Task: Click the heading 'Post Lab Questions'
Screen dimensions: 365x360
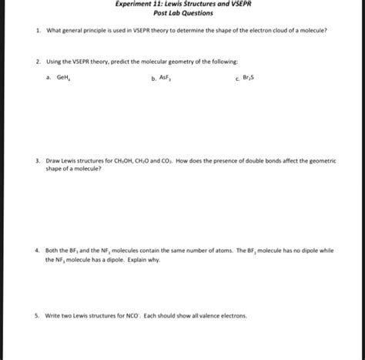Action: pos(182,13)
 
